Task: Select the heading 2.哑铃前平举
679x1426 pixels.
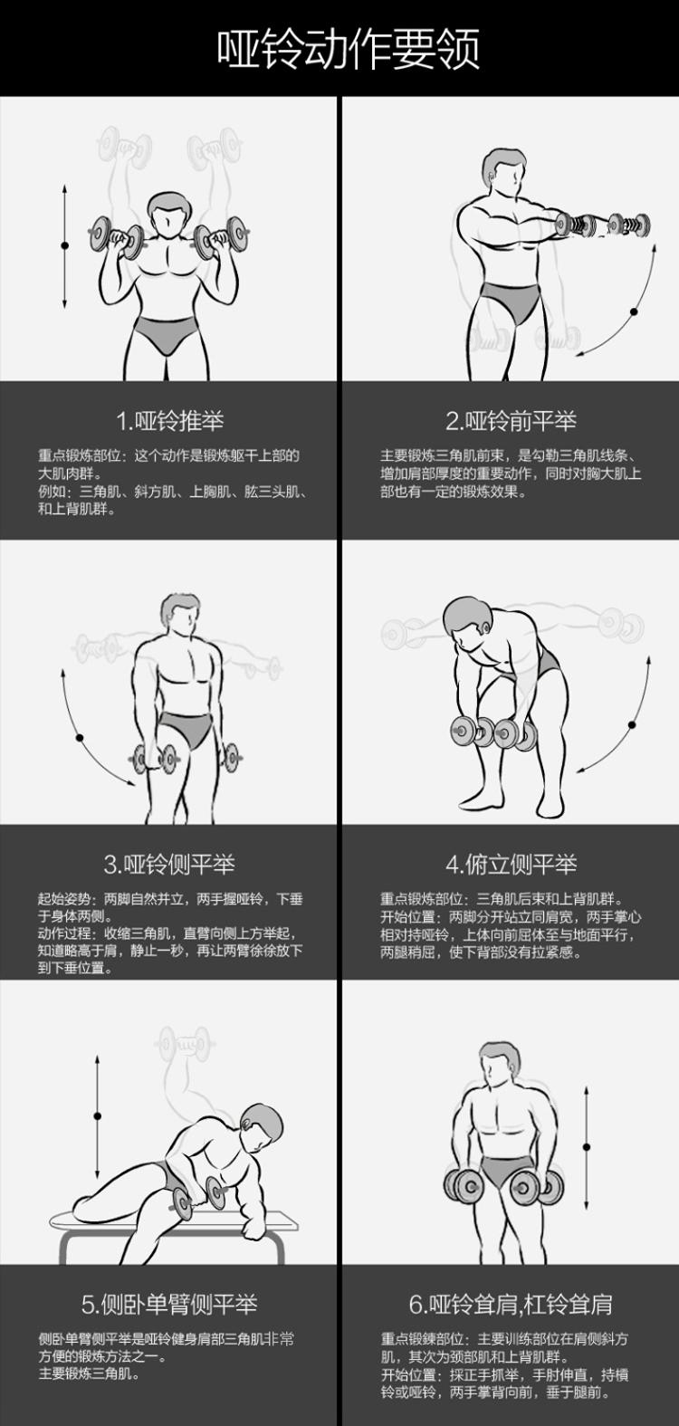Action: click(x=511, y=421)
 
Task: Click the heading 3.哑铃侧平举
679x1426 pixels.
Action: click(x=169, y=864)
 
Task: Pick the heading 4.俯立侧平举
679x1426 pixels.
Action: click(x=511, y=864)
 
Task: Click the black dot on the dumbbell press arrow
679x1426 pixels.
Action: click(x=64, y=245)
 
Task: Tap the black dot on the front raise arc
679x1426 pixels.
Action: click(x=633, y=311)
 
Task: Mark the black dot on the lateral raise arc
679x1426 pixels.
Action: click(x=80, y=738)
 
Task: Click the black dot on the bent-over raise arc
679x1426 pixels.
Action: click(x=632, y=724)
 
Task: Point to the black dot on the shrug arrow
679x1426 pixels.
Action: click(x=586, y=1146)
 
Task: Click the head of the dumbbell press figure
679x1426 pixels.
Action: click(x=169, y=215)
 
